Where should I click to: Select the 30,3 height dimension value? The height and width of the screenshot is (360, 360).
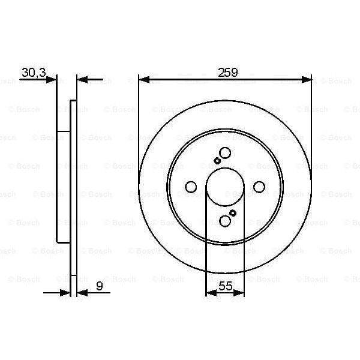(33, 72)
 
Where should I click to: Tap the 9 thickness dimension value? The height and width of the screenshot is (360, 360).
(98, 287)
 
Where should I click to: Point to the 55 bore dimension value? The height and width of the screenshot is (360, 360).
(224, 287)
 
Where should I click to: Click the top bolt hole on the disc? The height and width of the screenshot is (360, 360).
(225, 153)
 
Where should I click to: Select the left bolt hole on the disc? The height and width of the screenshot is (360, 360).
(191, 187)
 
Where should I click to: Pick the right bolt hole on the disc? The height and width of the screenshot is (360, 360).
(259, 187)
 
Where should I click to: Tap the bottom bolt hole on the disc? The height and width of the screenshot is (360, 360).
(225, 221)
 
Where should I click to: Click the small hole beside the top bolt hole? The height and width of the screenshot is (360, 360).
(217, 160)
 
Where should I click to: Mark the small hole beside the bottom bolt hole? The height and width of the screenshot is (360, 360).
(233, 213)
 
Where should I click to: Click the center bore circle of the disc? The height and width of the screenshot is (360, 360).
(225, 187)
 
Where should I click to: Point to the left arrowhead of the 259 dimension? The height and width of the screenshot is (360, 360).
(143, 79)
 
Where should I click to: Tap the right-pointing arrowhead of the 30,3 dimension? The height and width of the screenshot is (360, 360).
(52, 79)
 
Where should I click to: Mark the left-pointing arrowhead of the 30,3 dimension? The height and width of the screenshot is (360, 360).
(82, 79)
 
